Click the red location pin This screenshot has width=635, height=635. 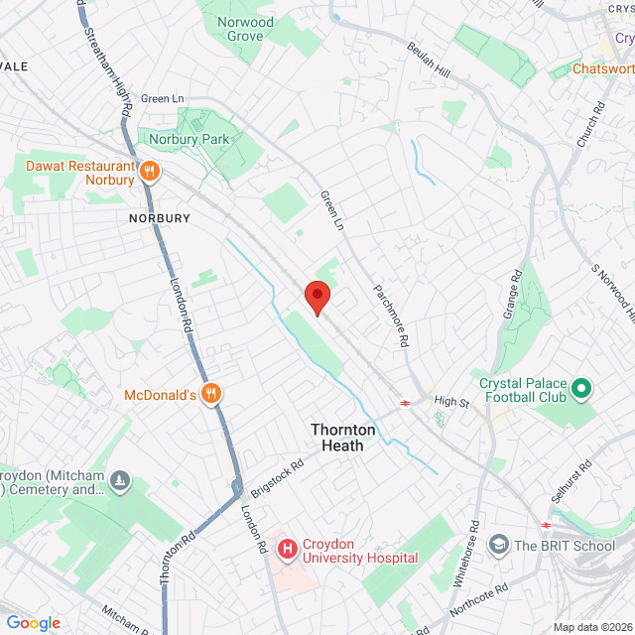pyautogui.click(x=317, y=297)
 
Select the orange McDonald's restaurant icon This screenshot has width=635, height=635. pyautogui.click(x=210, y=395)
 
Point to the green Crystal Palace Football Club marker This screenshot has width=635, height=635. pyautogui.click(x=582, y=388)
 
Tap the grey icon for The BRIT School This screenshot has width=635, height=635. pyautogui.click(x=498, y=545)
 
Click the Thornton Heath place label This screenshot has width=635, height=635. pyautogui.click(x=343, y=438)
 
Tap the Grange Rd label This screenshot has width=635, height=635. pyautogui.click(x=513, y=292)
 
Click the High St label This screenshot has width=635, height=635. pyautogui.click(x=450, y=401)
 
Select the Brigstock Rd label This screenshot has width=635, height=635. pyautogui.click(x=277, y=476)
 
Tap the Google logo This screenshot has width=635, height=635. pyautogui.click(x=33, y=622)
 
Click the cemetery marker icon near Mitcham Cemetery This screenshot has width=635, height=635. pyautogui.click(x=120, y=480)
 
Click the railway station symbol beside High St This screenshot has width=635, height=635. pyautogui.click(x=405, y=402)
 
